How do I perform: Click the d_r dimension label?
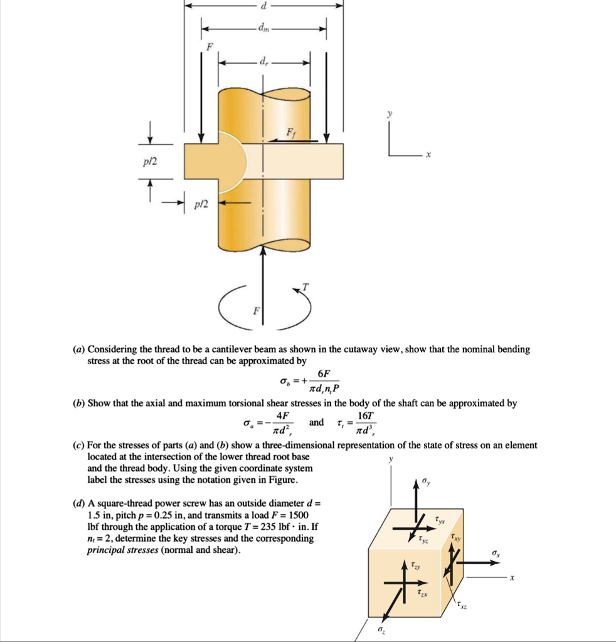pyautogui.click(x=264, y=62)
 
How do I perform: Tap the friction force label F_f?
pyautogui.click(x=290, y=133)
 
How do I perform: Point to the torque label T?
pyautogui.click(x=305, y=287)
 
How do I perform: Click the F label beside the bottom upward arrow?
pyautogui.click(x=255, y=311)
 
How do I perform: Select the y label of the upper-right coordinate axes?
pyautogui.click(x=390, y=115)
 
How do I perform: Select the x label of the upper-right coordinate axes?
pyautogui.click(x=428, y=155)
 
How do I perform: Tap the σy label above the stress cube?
pyautogui.click(x=427, y=481)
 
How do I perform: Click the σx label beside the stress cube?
pyautogui.click(x=497, y=553)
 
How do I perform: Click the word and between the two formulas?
pyautogui.click(x=317, y=422)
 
